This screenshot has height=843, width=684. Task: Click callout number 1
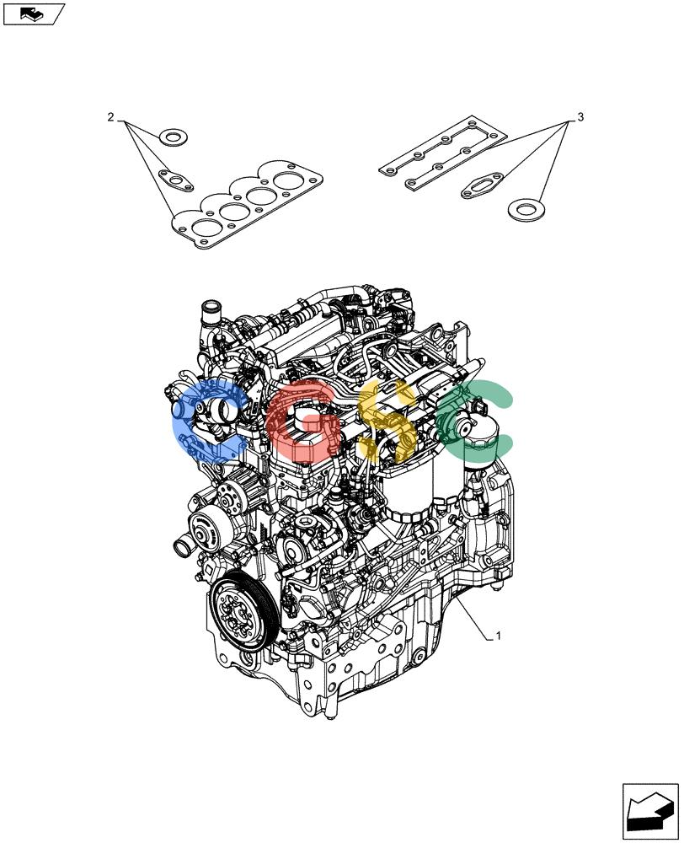[498, 636]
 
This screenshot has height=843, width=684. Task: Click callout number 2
[110, 116]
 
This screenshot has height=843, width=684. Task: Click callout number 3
[580, 116]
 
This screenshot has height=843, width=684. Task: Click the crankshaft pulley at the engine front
[244, 611]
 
